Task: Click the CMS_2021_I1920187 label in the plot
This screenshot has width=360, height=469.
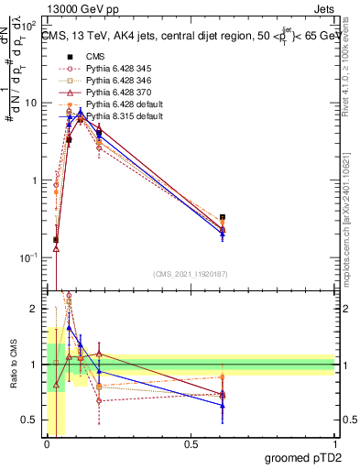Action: click(190, 273)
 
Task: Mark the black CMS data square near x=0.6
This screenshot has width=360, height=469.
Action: click(223, 217)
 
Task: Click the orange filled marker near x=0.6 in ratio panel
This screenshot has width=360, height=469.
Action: click(223, 376)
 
